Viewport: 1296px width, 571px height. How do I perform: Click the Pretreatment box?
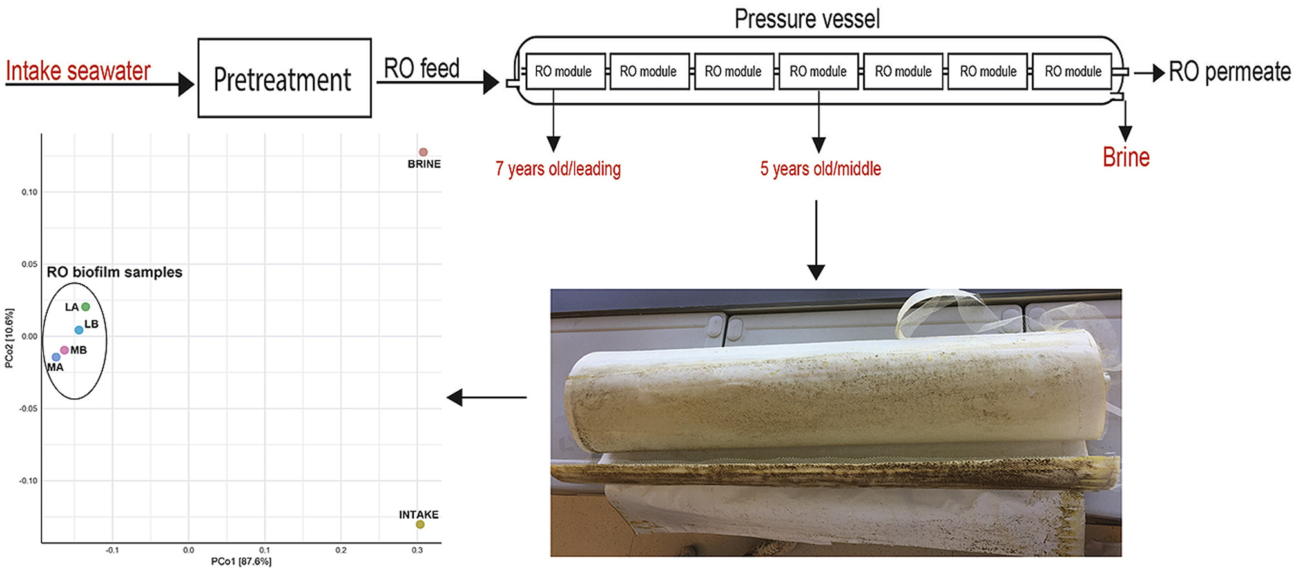click(284, 78)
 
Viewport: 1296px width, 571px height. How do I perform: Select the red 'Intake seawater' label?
click(78, 71)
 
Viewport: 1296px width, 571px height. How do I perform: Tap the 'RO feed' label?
click(421, 68)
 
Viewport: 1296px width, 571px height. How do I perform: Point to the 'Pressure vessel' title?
click(807, 19)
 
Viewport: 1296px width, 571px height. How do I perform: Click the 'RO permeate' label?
click(1229, 72)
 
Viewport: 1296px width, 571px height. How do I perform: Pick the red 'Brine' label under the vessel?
click(1126, 157)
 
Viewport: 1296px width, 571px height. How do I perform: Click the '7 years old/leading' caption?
click(557, 169)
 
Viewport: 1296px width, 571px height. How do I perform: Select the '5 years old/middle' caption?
click(820, 169)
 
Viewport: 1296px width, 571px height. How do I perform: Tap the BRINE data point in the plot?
click(423, 152)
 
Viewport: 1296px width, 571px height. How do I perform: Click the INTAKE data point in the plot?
click(420, 525)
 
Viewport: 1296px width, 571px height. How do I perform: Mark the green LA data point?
click(86, 307)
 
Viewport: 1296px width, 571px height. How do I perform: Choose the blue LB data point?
click(79, 330)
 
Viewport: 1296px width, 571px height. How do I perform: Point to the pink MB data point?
click(64, 350)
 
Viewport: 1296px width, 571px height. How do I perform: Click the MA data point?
click(56, 357)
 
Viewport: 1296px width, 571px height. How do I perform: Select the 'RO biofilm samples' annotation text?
click(115, 272)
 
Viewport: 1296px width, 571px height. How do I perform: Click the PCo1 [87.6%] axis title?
click(241, 562)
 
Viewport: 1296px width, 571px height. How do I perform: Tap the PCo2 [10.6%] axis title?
click(9, 338)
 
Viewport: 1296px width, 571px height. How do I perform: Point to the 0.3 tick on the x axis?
click(417, 550)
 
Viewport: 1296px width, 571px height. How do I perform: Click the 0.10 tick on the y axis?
click(29, 192)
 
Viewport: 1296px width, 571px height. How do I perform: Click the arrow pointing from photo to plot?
click(487, 398)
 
